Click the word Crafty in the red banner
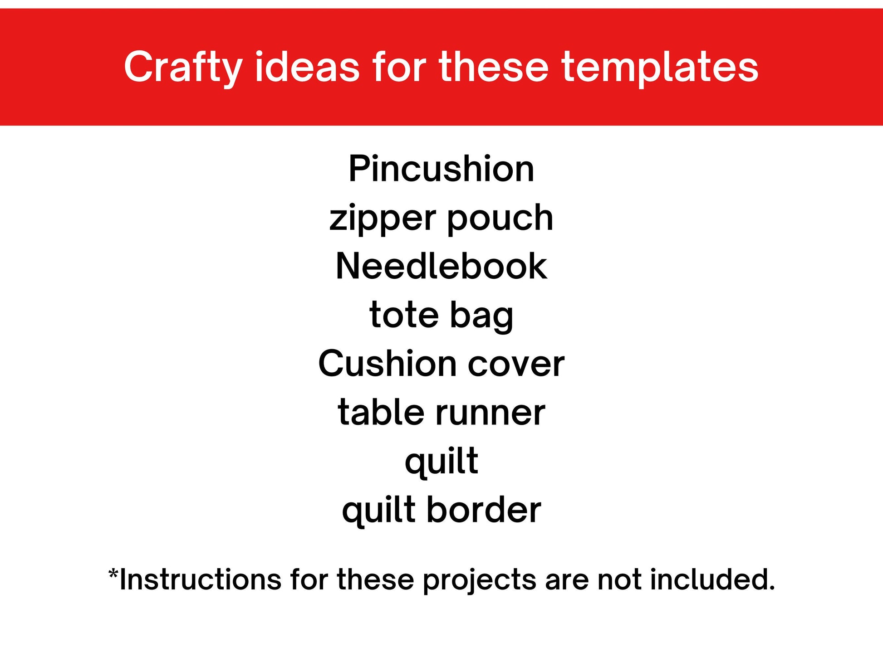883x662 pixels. (x=183, y=68)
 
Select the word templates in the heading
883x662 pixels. (x=660, y=68)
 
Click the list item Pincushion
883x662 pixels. (x=441, y=169)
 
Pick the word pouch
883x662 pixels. (x=500, y=219)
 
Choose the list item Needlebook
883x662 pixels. (x=441, y=266)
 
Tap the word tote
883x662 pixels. (x=404, y=315)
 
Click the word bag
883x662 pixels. (x=482, y=316)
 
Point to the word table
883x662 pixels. (x=380, y=412)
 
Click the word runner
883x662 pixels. (x=490, y=415)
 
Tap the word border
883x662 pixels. (x=484, y=510)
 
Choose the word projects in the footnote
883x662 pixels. (x=479, y=582)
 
